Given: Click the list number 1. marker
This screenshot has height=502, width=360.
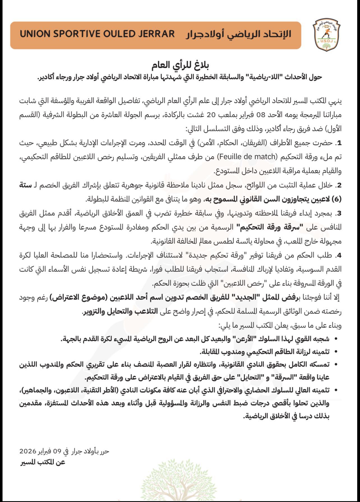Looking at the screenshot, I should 338,143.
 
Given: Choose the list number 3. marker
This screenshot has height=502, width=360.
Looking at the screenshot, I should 338,213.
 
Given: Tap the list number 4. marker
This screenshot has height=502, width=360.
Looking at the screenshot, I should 338,255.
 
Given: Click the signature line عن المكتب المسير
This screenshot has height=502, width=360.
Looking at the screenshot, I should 42,462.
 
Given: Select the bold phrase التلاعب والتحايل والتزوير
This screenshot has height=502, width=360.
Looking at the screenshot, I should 120,312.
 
